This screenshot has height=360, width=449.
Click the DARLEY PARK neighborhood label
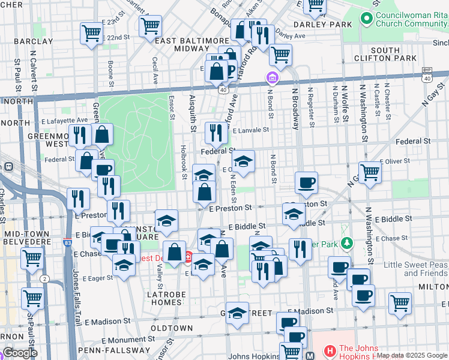pyautogui.click(x=322, y=25)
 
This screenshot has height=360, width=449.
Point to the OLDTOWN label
pyautogui.click(x=172, y=328)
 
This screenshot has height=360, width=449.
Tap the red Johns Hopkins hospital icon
pyautogui.click(x=330, y=350)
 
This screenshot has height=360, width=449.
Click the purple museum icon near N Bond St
pyautogui.click(x=273, y=78)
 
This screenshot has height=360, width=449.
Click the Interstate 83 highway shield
pyautogui.click(x=68, y=244)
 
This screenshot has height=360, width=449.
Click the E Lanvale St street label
pyautogui.click(x=250, y=130)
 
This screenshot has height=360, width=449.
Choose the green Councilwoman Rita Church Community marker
pyautogui.click(x=367, y=19)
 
